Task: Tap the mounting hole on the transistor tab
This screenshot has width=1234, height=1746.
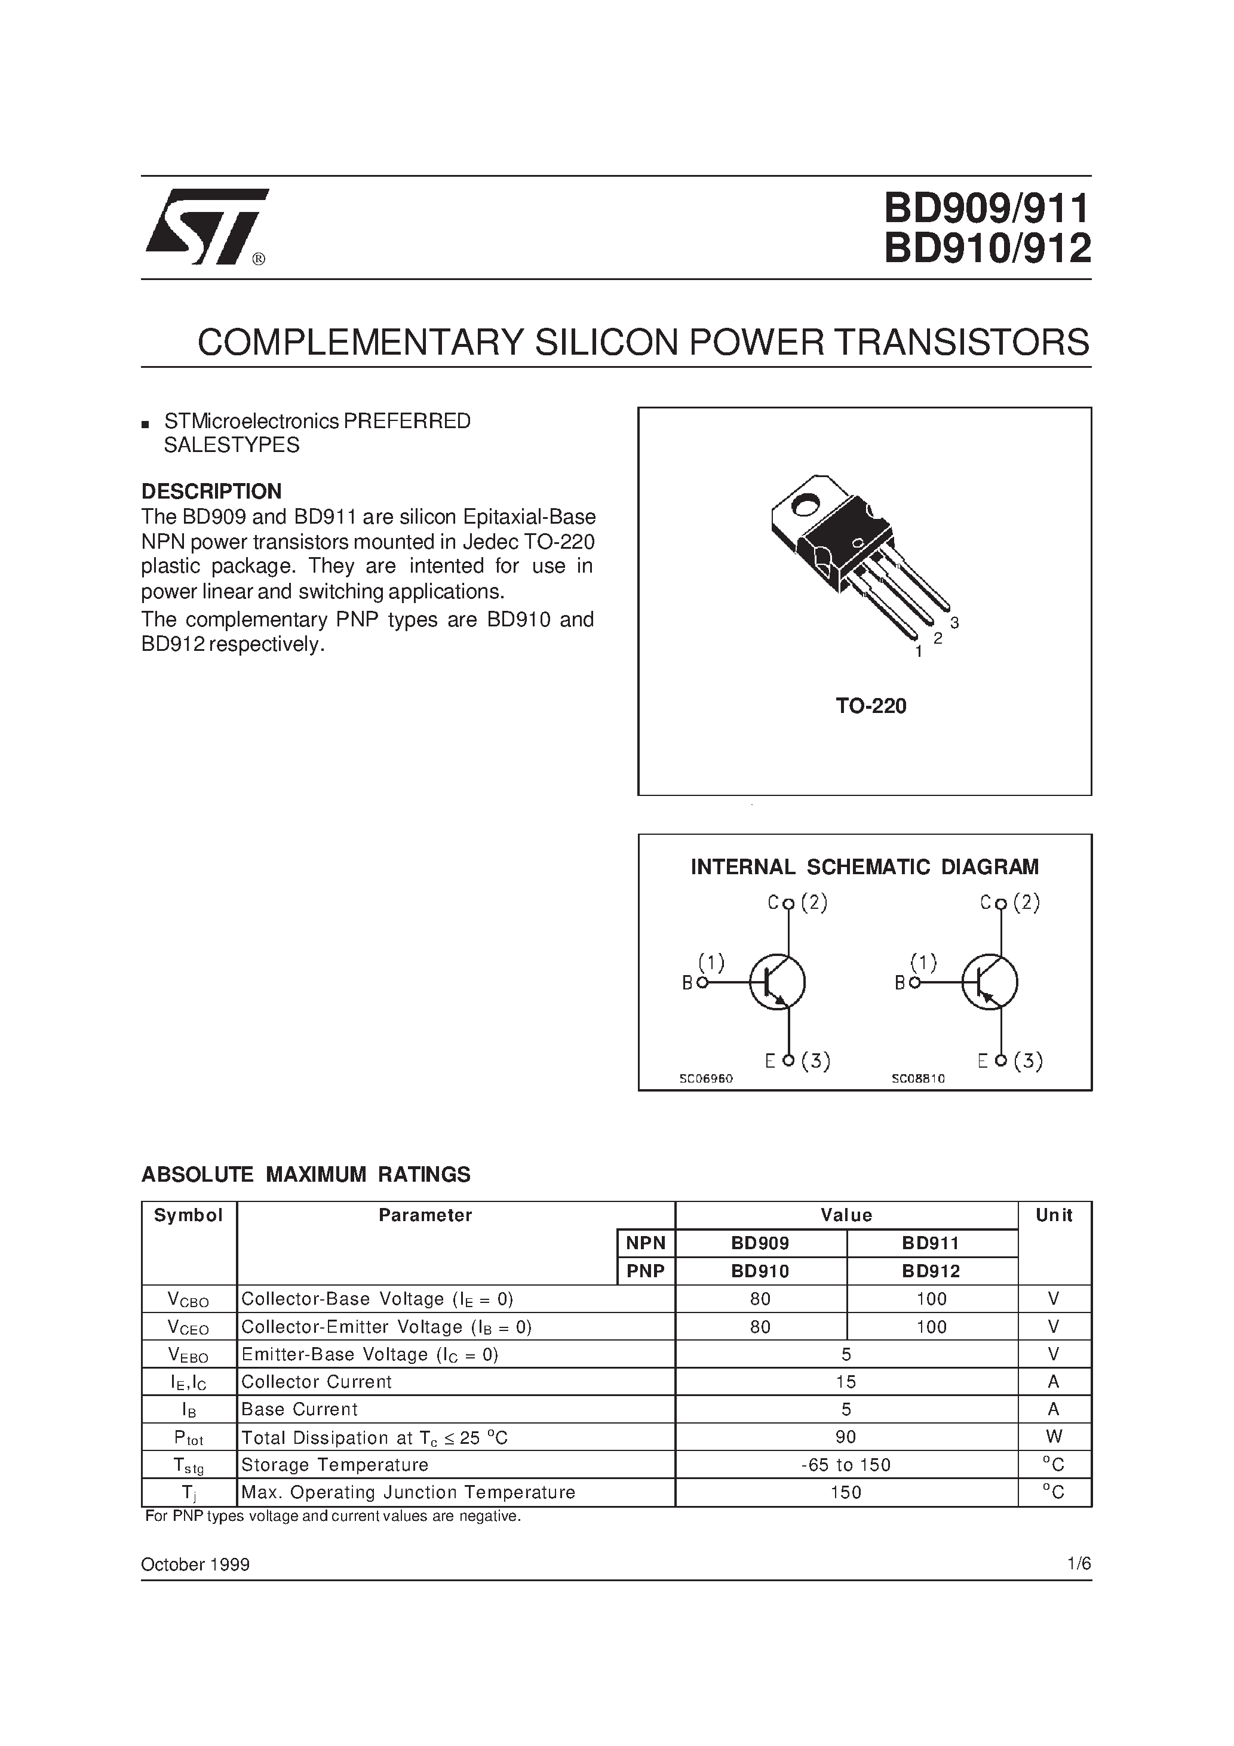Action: pyautogui.click(x=805, y=504)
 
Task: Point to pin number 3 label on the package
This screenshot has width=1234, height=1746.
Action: pyautogui.click(x=955, y=623)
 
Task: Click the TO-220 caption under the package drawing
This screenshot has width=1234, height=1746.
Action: pyautogui.click(x=871, y=706)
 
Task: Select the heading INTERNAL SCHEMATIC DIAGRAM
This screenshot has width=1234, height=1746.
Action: pyautogui.click(x=864, y=867)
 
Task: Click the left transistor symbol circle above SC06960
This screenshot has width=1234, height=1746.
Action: pyautogui.click(x=778, y=982)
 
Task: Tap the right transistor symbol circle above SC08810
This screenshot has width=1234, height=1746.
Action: pyautogui.click(x=990, y=982)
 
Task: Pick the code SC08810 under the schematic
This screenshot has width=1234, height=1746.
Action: pyautogui.click(x=918, y=1078)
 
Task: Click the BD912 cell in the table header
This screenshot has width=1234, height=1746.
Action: pyautogui.click(x=931, y=1271)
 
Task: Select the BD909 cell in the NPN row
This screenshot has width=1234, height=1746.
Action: pyautogui.click(x=760, y=1243)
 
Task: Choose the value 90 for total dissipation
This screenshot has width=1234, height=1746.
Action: pyautogui.click(x=846, y=1437)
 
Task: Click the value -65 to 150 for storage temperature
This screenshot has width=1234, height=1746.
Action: pyautogui.click(x=846, y=1465)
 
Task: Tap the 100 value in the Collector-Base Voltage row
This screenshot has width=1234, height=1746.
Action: pyautogui.click(x=931, y=1299)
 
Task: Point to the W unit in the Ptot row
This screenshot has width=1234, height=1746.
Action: pyautogui.click(x=1054, y=1437)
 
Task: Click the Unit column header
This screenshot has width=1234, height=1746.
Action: pyautogui.click(x=1054, y=1215)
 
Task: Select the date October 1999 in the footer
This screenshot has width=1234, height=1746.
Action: pyautogui.click(x=195, y=1564)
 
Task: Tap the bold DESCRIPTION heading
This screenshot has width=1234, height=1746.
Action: pyautogui.click(x=211, y=491)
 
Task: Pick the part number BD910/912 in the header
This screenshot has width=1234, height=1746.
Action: pyautogui.click(x=987, y=248)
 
